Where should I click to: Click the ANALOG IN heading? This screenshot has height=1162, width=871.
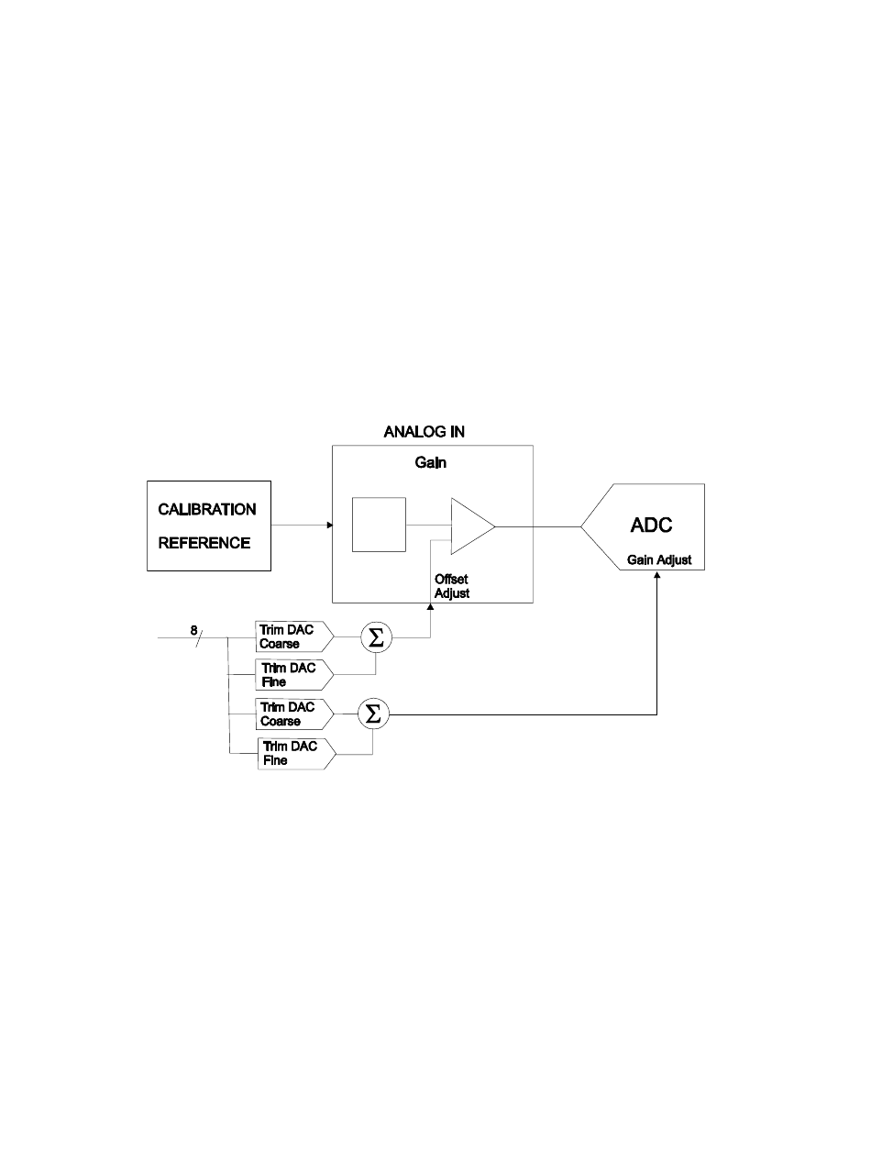[x=424, y=433]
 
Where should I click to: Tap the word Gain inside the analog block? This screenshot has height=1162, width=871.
[x=430, y=464]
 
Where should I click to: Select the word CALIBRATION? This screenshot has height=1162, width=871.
[x=208, y=509]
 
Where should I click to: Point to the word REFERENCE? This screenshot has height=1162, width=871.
[x=204, y=542]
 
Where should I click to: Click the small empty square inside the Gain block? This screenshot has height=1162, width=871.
[x=379, y=525]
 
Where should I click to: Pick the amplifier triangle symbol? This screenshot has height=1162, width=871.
[x=470, y=526]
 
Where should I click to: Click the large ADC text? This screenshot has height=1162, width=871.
[x=652, y=526]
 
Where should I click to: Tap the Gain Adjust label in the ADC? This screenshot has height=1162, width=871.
[x=659, y=559]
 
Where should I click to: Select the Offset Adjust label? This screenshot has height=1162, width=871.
[x=452, y=586]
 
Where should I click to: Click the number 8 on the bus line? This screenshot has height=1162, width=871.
[x=193, y=629]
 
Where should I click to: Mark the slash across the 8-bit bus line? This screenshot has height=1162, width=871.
[x=201, y=635]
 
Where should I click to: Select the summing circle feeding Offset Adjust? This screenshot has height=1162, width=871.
[x=374, y=637]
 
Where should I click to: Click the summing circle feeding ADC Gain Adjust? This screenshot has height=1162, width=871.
[x=373, y=714]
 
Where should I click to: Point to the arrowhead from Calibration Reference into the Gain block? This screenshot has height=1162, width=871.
[x=327, y=526]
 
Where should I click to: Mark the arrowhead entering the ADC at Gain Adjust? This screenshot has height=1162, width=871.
[x=657, y=574]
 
